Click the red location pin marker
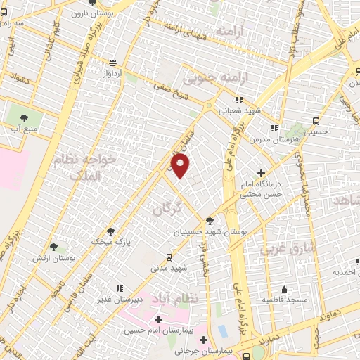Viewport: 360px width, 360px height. [181, 167]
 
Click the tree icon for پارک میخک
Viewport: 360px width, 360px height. [110, 231]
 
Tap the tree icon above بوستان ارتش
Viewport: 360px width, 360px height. [54, 246]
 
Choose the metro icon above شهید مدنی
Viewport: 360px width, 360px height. [169, 257]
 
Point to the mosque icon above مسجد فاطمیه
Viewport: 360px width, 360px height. [284, 289]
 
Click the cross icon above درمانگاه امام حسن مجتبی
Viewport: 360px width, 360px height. [262, 172]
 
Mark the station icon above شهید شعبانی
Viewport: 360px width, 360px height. [240, 100]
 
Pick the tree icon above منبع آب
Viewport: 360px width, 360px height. [24, 117]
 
